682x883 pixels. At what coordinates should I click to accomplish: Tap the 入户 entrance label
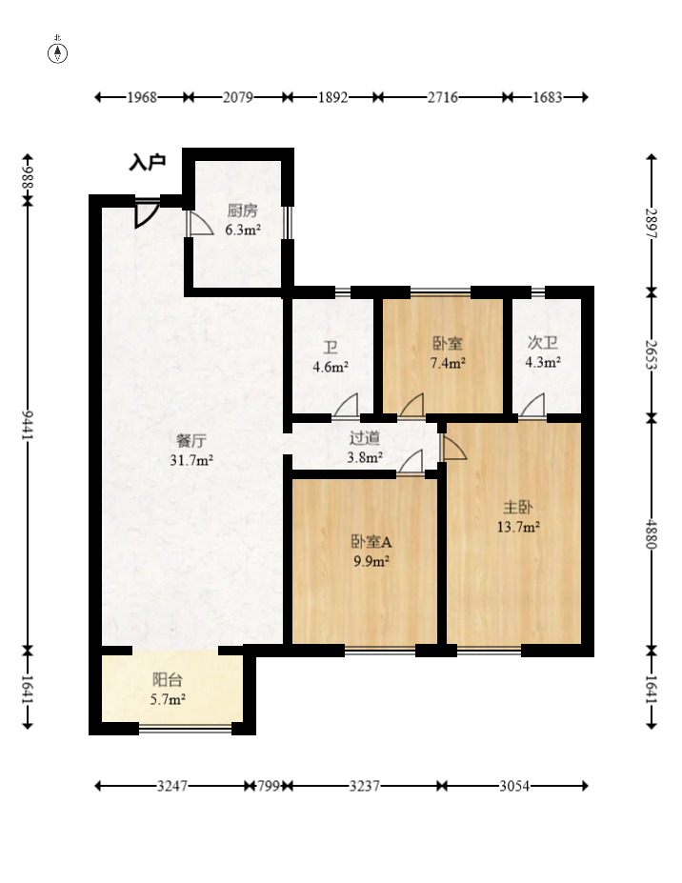(x=148, y=162)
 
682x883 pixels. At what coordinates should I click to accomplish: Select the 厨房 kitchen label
(x=243, y=211)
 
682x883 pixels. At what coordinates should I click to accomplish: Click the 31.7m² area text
(x=191, y=460)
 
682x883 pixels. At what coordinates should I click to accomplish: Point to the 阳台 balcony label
(x=168, y=680)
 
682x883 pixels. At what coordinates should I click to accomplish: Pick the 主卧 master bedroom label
(x=517, y=508)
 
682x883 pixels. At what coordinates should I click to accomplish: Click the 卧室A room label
(x=371, y=542)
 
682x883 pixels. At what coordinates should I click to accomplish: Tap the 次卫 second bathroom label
(x=542, y=342)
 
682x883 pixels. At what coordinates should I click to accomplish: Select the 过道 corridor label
(x=365, y=437)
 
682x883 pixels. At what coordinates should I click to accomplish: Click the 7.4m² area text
(x=448, y=363)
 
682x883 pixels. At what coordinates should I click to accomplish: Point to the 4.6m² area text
(x=331, y=367)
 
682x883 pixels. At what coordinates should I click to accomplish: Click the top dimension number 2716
(x=442, y=97)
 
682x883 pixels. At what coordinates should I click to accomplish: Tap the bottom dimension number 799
(x=268, y=786)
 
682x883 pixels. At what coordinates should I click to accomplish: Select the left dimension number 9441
(x=28, y=426)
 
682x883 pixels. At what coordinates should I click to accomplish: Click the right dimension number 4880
(x=652, y=533)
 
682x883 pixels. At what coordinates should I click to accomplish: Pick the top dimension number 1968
(x=141, y=97)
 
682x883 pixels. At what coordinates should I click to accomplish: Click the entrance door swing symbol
(x=147, y=212)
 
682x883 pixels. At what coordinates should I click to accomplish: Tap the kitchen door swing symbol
(x=199, y=223)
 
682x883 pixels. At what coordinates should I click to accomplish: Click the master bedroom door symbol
(x=454, y=447)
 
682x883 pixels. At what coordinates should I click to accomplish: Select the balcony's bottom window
(x=186, y=729)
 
